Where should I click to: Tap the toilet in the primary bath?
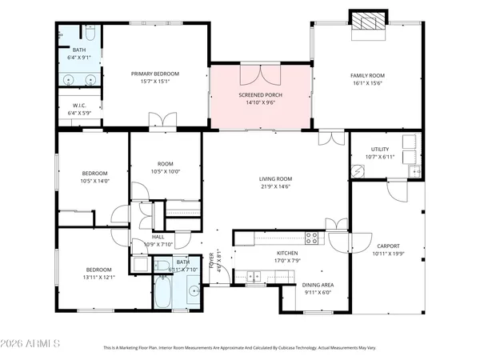(90, 36)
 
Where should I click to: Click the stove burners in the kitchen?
(312, 237)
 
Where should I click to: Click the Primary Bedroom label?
(155, 74)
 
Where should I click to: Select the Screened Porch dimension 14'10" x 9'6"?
(260, 102)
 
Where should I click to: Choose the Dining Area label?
(318, 285)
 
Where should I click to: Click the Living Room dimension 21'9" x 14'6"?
(274, 186)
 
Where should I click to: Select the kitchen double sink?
(254, 277)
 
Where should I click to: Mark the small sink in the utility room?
(414, 170)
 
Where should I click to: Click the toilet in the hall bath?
(161, 267)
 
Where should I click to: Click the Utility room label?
(379, 149)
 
